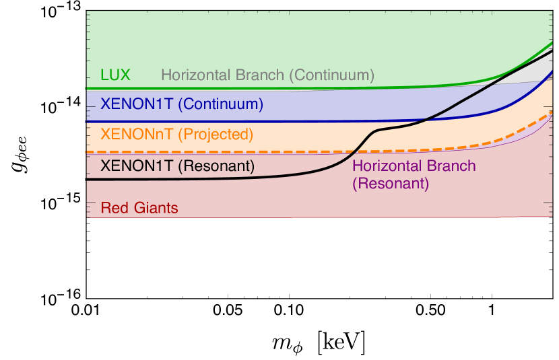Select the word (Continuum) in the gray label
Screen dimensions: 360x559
331,75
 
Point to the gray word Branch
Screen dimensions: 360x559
259,75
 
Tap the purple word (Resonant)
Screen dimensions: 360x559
391,183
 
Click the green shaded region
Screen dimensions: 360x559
269,40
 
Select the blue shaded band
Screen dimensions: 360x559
202,108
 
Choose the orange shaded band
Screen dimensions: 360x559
202,138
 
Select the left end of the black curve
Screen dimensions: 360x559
88,180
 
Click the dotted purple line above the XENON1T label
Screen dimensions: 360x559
168,153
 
